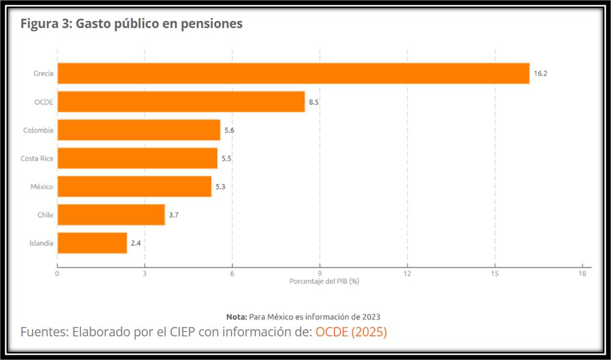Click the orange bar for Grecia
click(x=293, y=73)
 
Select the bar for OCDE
click(x=181, y=102)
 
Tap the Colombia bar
click(x=139, y=130)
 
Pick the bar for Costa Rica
click(x=137, y=158)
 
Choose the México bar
click(x=134, y=186)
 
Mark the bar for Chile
click(x=111, y=215)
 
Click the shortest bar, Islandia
click(x=92, y=243)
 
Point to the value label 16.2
click(x=540, y=74)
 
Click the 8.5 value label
click(x=314, y=102)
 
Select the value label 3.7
click(x=174, y=215)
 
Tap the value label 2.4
click(x=136, y=243)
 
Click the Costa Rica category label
click(x=37, y=159)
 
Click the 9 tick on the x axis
click(x=320, y=273)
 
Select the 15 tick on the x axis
click(x=494, y=273)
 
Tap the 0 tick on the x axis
click(x=57, y=273)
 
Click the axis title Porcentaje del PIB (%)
click(x=324, y=282)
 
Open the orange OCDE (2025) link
click(x=351, y=332)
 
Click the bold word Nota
click(x=236, y=317)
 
